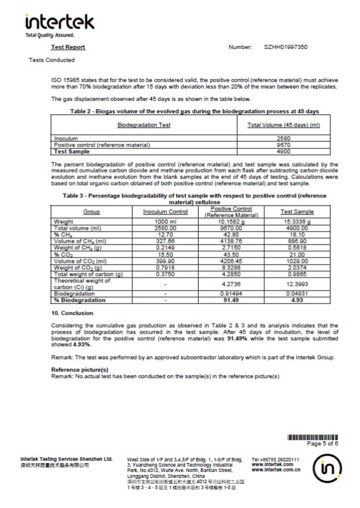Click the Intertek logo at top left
(59, 24)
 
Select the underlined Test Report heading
(68, 47)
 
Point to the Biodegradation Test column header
(144, 125)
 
